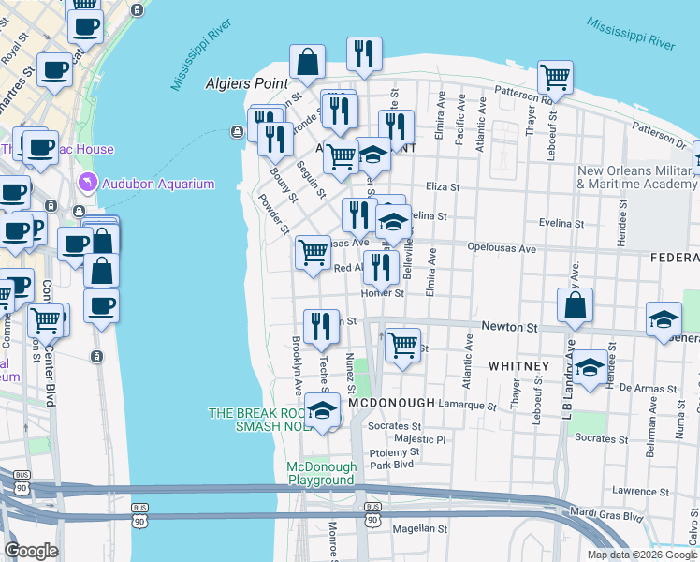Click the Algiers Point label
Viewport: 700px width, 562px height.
coord(246,83)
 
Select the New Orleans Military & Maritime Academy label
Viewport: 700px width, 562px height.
coord(636,177)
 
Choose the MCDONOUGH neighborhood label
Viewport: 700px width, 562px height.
coord(391,403)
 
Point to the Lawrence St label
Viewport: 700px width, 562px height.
coord(641,490)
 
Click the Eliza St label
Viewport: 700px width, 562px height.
coord(443,186)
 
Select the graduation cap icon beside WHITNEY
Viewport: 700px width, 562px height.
coord(591,368)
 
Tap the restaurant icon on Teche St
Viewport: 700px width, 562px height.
coord(321,326)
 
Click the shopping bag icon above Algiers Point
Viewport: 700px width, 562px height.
coord(307,63)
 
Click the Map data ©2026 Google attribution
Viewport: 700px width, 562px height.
coord(641,555)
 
